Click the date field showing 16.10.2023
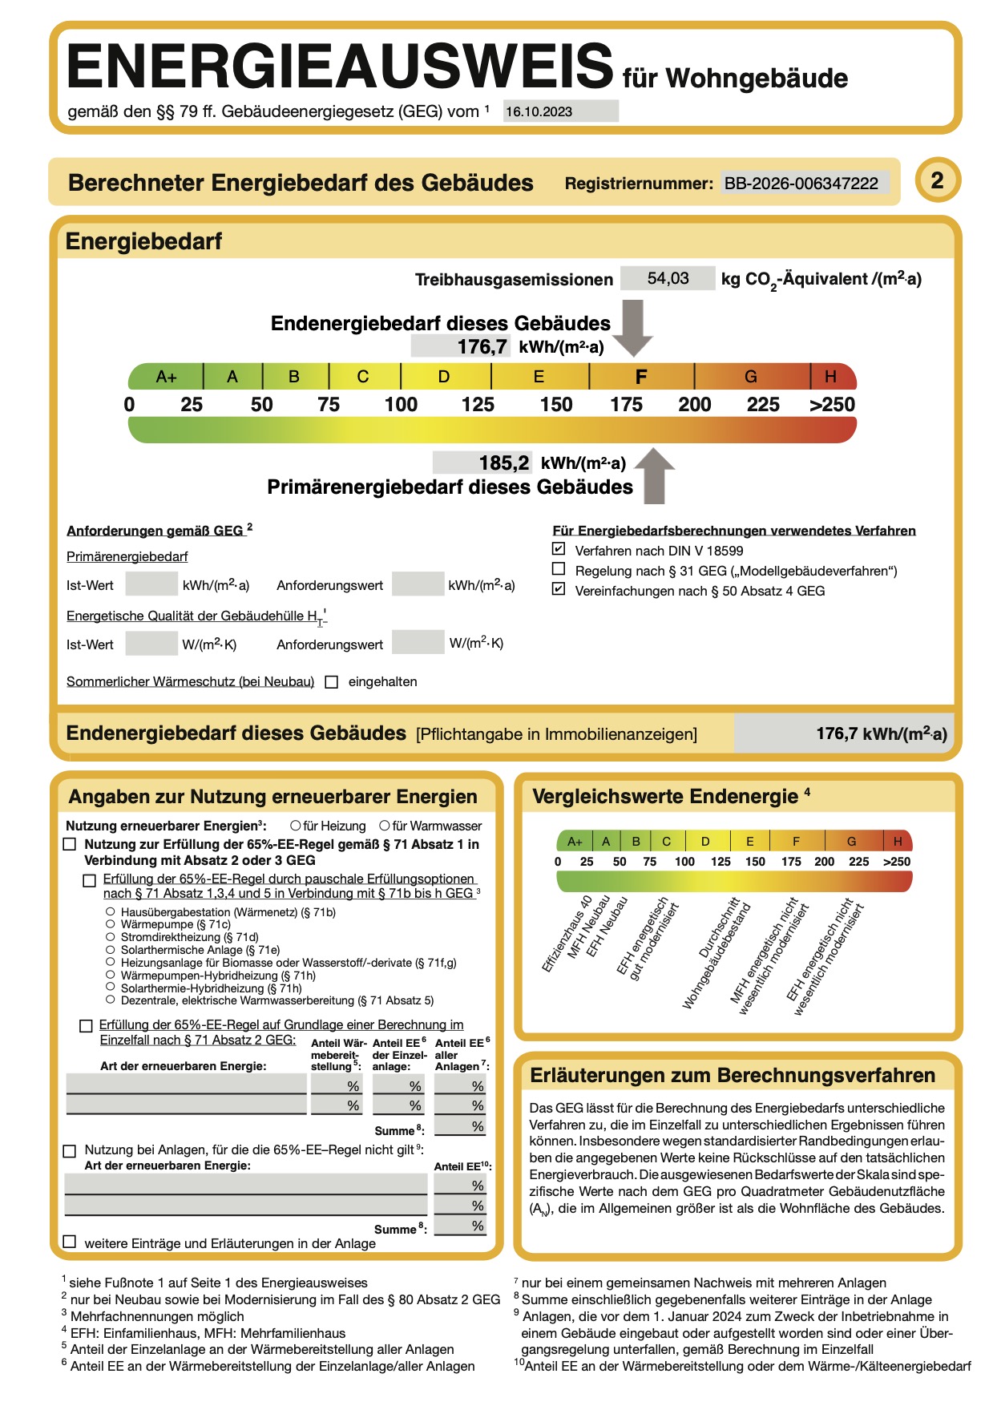click(560, 111)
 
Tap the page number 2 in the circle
click(937, 180)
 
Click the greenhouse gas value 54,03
click(668, 278)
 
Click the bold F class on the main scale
click(640, 377)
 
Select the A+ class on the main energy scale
click(166, 377)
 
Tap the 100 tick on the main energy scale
click(401, 405)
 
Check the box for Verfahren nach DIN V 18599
click(559, 550)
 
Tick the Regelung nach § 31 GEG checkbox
click(559, 570)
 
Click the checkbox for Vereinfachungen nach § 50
click(559, 590)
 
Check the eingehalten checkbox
click(332, 682)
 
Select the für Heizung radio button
click(296, 826)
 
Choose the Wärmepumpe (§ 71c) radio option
click(111, 924)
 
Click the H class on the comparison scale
click(898, 842)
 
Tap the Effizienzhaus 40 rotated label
click(566, 934)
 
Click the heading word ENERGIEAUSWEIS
click(340, 67)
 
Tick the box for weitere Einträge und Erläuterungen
click(70, 1242)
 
